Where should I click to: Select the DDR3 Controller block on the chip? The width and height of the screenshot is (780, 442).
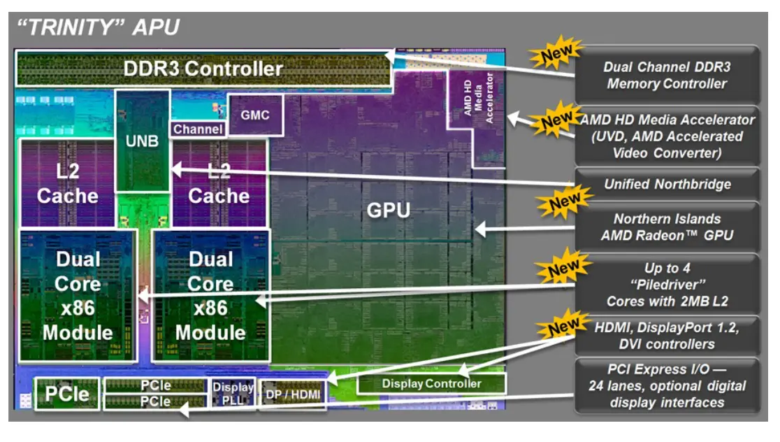pyautogui.click(x=203, y=69)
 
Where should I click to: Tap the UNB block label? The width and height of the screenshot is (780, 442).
pyautogui.click(x=143, y=141)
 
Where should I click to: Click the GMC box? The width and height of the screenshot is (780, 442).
pyautogui.click(x=255, y=115)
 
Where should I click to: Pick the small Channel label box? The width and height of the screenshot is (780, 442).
pyautogui.click(x=198, y=129)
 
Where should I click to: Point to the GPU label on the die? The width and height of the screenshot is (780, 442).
pyautogui.click(x=388, y=210)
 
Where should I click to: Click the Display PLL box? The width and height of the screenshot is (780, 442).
pyautogui.click(x=233, y=393)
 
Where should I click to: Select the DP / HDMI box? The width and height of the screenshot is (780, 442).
pyautogui.click(x=293, y=394)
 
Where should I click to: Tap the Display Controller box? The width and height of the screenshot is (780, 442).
pyautogui.click(x=431, y=383)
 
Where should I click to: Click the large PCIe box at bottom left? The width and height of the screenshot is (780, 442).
pyautogui.click(x=67, y=394)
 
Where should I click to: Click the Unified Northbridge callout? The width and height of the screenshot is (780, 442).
pyautogui.click(x=667, y=185)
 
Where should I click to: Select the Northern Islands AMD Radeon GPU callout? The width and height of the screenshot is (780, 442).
pyautogui.click(x=667, y=227)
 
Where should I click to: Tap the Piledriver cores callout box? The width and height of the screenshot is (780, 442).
pyautogui.click(x=667, y=284)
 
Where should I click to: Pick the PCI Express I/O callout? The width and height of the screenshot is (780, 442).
pyautogui.click(x=667, y=385)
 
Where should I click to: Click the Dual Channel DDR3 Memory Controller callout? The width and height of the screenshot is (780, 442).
pyautogui.click(x=667, y=75)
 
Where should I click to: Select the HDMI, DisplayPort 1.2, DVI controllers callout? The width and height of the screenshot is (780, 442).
pyautogui.click(x=667, y=335)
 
